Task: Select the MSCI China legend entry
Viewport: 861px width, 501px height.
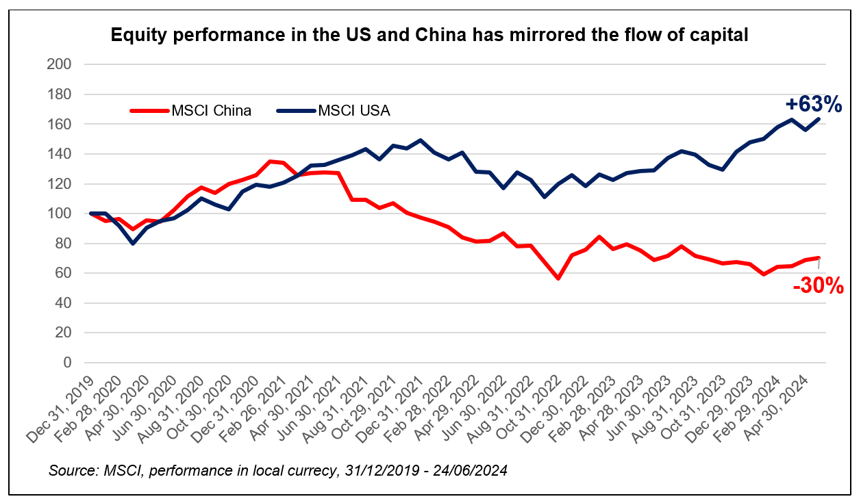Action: pos(192,111)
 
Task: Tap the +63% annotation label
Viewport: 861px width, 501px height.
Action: pos(813,105)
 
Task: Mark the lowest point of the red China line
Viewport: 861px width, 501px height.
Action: pos(558,279)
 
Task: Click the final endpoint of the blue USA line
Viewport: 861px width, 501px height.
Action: pos(819,119)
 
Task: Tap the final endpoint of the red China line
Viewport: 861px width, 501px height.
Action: pos(819,258)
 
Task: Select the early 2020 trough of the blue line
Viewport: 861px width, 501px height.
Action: pos(133,243)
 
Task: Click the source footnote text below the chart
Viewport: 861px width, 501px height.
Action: pos(277,472)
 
